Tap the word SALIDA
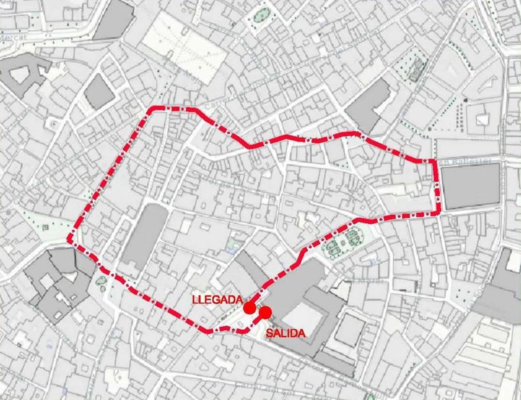point(286,333)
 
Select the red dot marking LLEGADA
point(249,308)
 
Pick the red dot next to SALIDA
point(265,311)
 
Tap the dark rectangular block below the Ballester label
point(471,186)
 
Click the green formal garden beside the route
point(343,241)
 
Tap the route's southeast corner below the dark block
point(439,213)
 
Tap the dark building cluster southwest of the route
point(56,282)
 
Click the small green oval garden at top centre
point(261,16)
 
